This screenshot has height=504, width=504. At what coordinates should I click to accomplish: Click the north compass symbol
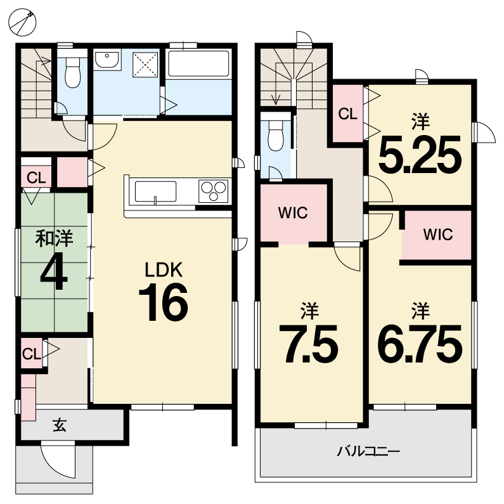[22, 22]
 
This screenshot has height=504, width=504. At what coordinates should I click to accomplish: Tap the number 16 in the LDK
[164, 303]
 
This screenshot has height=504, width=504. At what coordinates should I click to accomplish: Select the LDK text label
[164, 269]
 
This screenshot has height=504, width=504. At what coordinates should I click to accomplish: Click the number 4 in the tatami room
[54, 273]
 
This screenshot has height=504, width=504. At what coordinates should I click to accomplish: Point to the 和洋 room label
[54, 238]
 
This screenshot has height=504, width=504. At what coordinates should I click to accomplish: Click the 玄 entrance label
[60, 426]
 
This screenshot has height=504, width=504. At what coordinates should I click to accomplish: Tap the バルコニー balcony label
[368, 451]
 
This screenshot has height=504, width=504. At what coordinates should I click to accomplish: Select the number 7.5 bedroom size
[309, 344]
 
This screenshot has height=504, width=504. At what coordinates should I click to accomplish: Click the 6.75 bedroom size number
[420, 344]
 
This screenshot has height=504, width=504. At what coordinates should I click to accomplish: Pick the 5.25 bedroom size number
[420, 154]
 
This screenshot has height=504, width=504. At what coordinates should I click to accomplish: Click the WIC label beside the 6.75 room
[438, 235]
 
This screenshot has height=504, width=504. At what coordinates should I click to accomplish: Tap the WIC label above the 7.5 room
[293, 213]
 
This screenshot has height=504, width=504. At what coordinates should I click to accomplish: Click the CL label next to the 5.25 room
[348, 113]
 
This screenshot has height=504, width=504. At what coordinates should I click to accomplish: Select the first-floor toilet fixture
[73, 73]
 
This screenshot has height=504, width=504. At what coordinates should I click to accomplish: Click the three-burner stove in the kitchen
[213, 191]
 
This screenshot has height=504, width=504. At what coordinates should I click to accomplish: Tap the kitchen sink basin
[155, 191]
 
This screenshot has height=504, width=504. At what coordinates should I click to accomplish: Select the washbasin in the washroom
[107, 60]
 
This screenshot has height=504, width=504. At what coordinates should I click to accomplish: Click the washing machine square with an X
[145, 65]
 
